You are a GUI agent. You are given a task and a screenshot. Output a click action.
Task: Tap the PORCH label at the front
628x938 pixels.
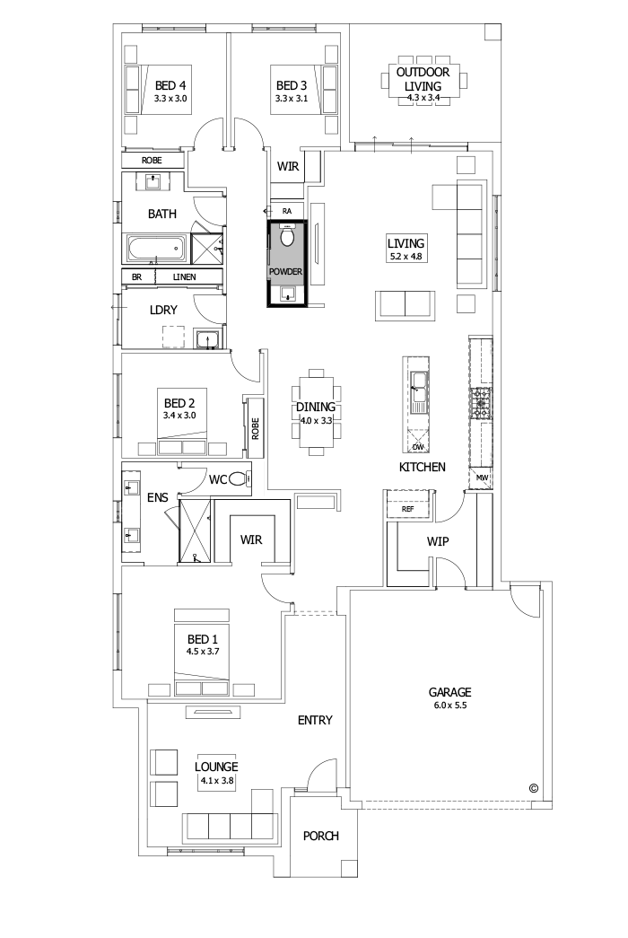point(320,836)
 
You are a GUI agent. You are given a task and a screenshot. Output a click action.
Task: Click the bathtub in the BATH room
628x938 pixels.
point(156,247)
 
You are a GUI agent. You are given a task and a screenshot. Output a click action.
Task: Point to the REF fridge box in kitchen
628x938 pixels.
point(408,509)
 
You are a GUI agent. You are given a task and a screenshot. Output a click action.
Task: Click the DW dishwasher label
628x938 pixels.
point(418,446)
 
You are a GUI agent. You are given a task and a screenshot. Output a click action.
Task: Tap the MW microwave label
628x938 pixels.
point(482,478)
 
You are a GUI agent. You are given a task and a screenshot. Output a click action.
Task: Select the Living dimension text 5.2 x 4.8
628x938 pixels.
point(405,257)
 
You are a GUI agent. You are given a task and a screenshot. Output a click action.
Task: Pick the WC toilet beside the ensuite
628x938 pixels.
point(239,480)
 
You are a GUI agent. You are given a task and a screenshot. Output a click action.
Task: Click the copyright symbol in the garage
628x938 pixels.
point(533,788)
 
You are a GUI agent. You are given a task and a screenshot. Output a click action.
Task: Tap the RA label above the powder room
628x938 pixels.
point(287,211)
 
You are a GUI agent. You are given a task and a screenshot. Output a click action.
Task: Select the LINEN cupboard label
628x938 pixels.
point(185,277)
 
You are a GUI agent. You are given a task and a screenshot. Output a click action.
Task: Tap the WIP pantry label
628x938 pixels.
point(438,541)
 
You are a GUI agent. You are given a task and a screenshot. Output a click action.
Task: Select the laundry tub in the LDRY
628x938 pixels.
point(207,338)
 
